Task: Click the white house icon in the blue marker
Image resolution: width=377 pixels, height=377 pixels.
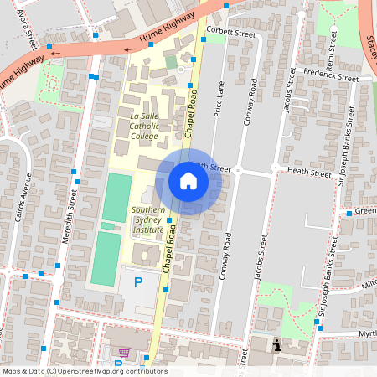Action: (188, 181)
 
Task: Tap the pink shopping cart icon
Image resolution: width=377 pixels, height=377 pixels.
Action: (125, 353)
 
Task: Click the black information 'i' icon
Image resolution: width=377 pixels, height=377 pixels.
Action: (277, 344)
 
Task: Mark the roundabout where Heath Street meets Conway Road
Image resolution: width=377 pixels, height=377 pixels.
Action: (238, 170)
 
